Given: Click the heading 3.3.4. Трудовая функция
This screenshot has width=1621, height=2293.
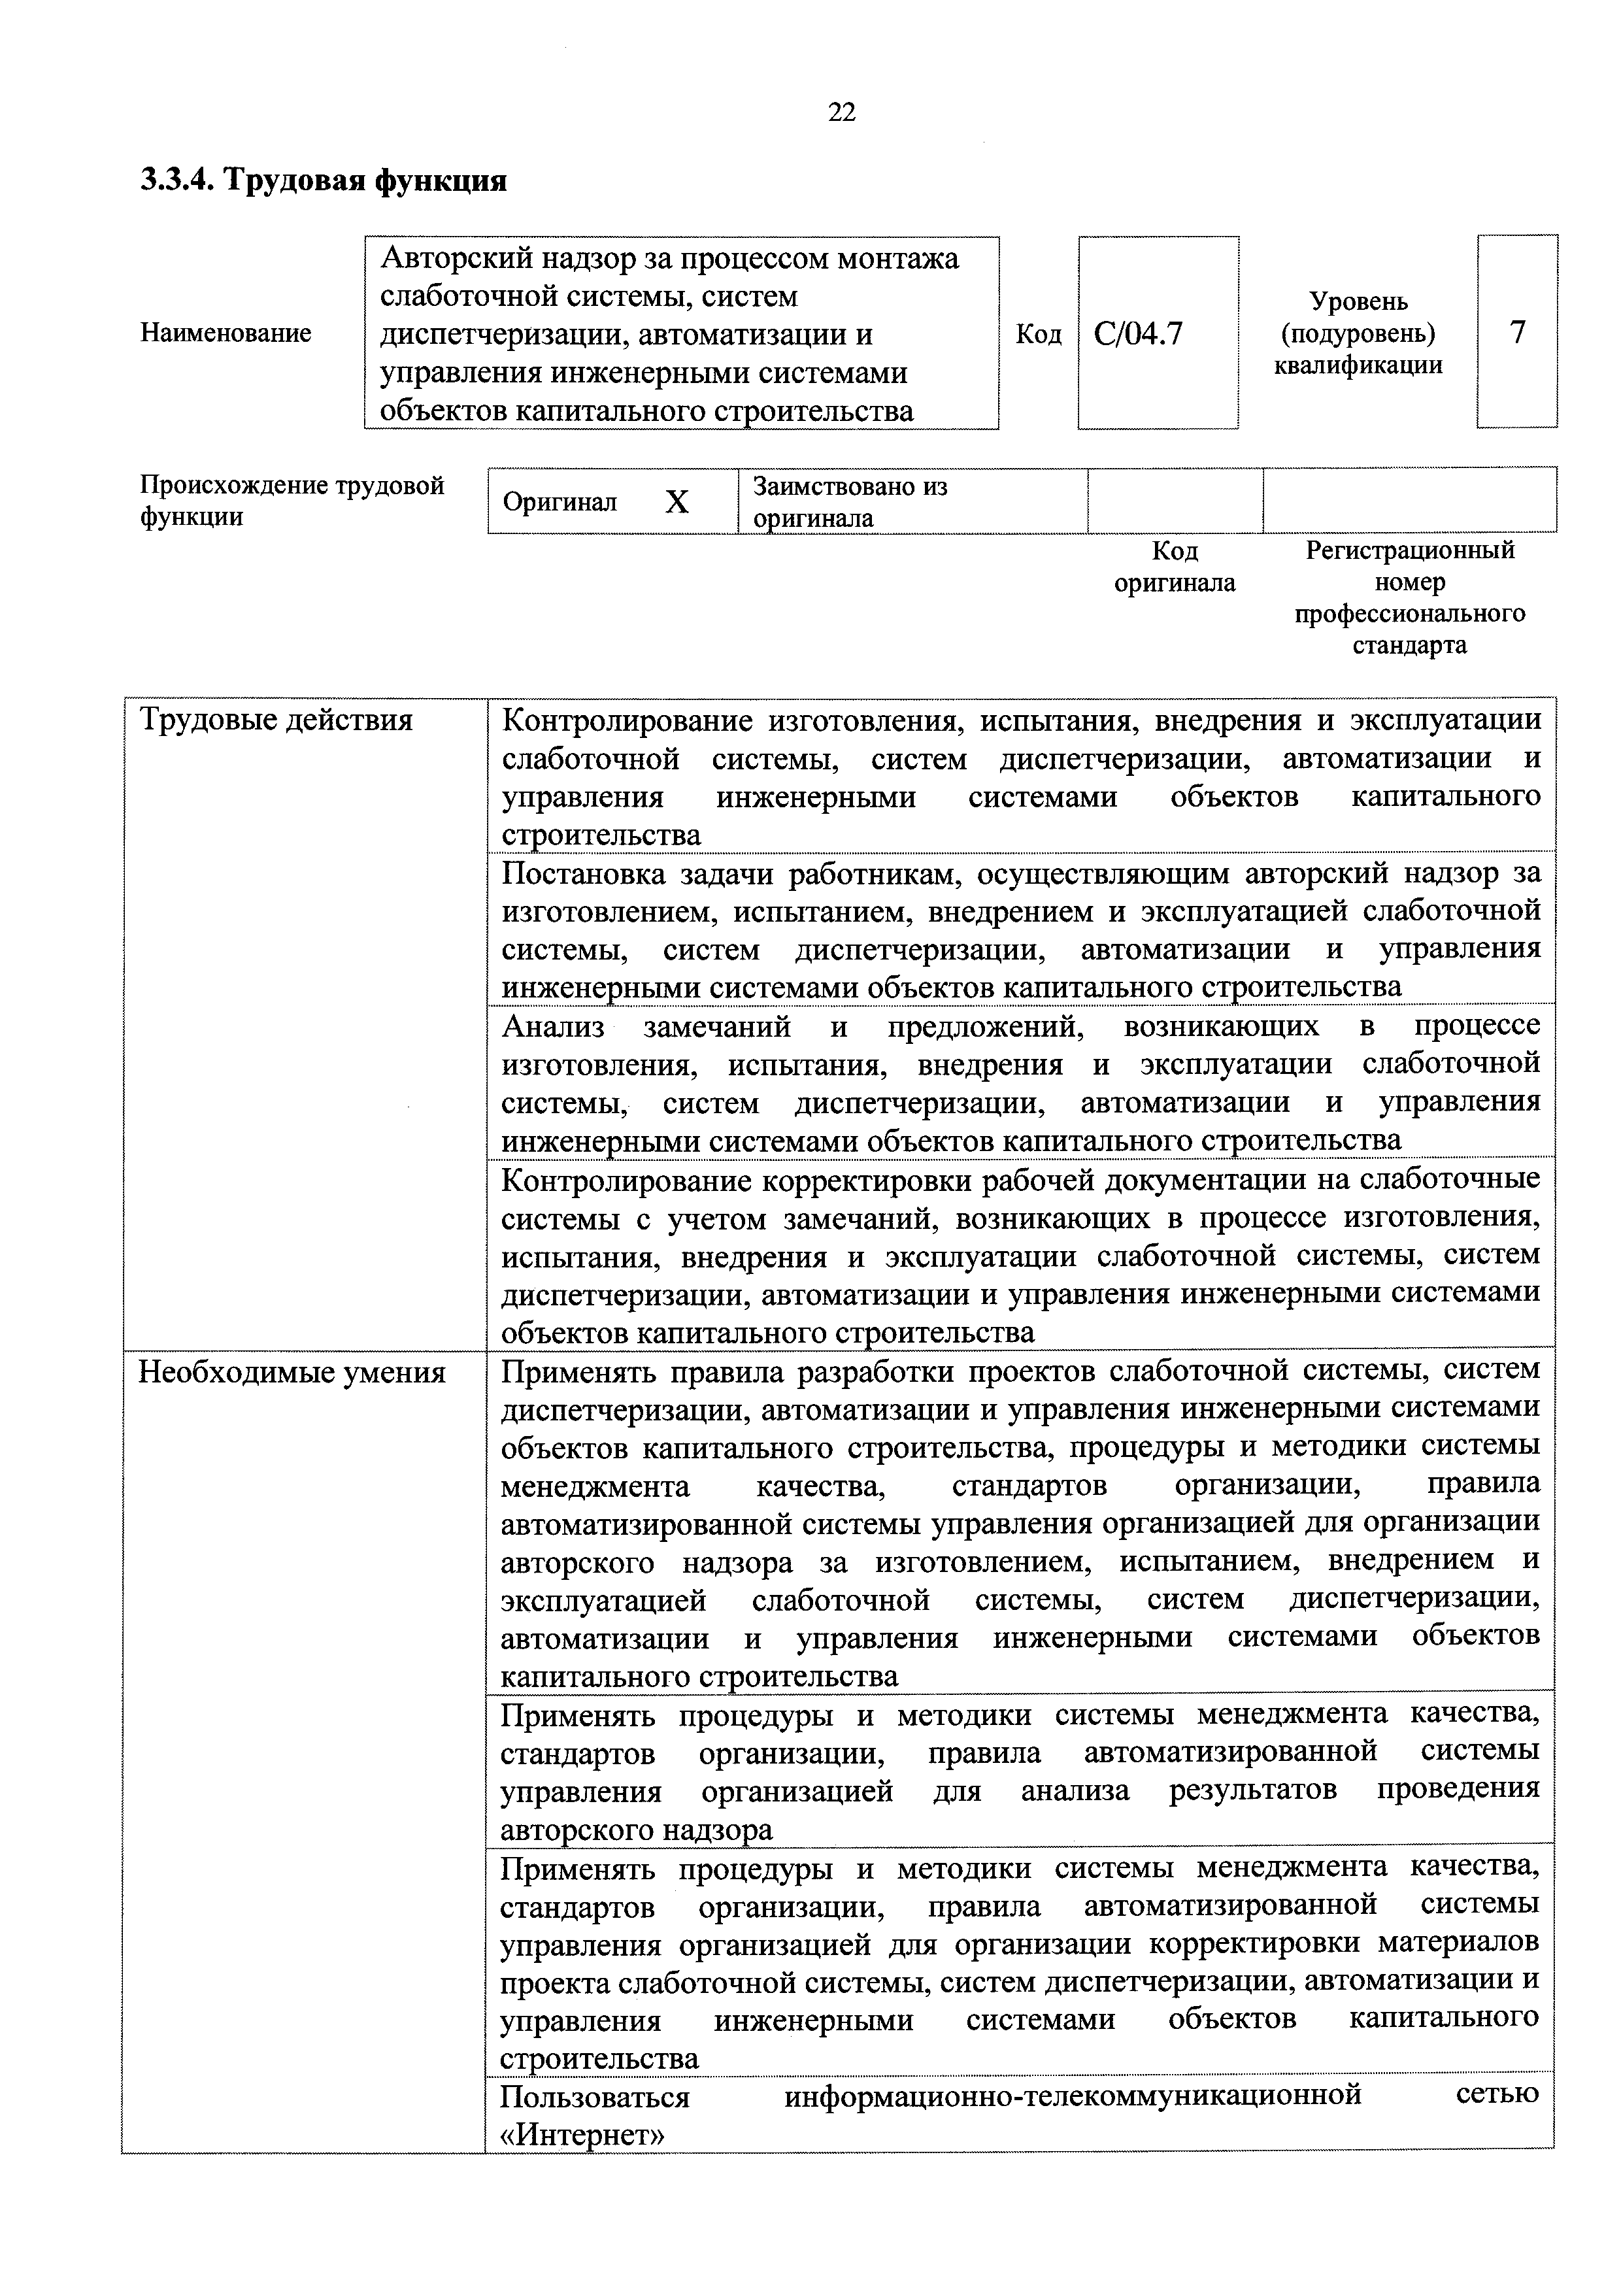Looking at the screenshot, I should click(323, 181).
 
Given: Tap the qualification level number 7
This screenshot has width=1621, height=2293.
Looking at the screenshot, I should click(1517, 331).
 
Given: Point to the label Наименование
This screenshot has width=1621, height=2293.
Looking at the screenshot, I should click(226, 333).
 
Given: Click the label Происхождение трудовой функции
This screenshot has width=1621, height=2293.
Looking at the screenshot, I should click(292, 500).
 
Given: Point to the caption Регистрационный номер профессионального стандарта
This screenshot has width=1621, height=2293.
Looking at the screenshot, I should click(1409, 597).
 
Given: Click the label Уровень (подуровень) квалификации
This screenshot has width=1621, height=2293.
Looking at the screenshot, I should click(1358, 333).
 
